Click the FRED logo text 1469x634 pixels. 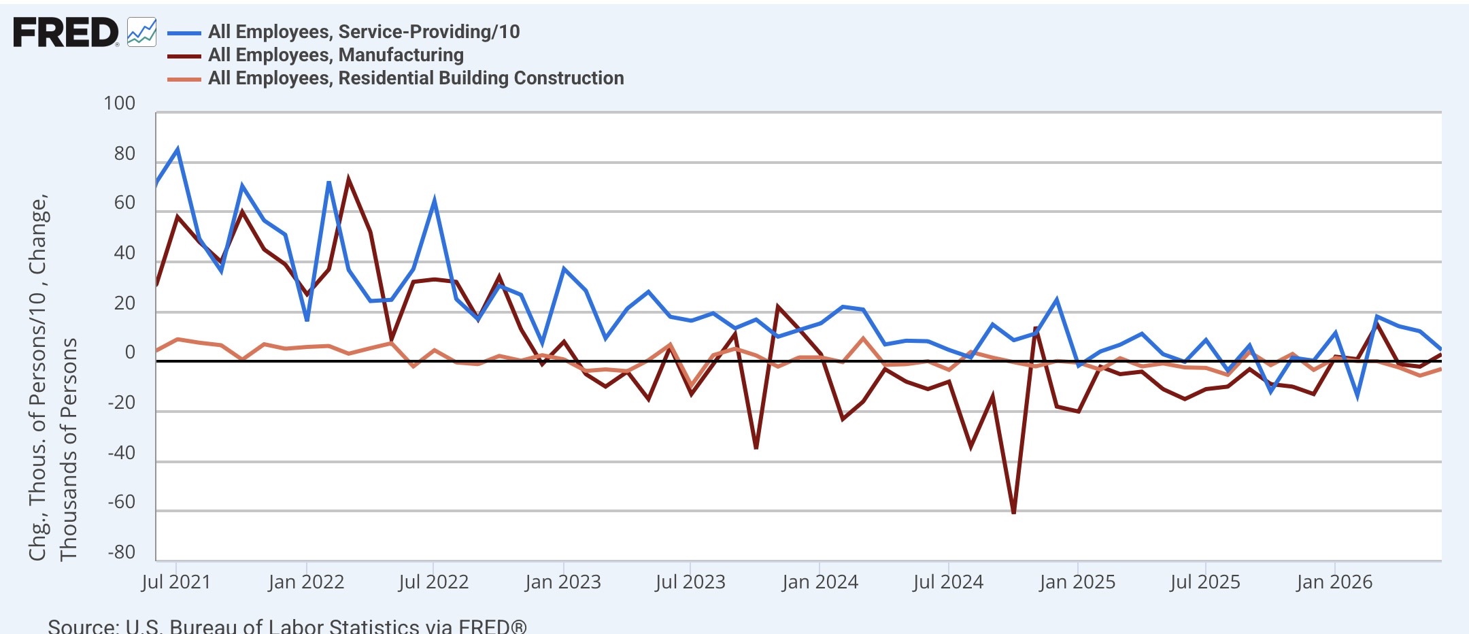pyautogui.click(x=65, y=33)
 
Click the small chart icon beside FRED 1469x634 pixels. pyautogui.click(x=141, y=32)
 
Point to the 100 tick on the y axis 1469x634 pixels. pyautogui.click(x=119, y=103)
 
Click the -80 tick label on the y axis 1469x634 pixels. pyautogui.click(x=122, y=552)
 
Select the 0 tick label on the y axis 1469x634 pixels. pyautogui.click(x=130, y=352)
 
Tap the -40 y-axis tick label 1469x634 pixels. pyautogui.click(x=122, y=452)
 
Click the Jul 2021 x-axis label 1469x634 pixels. pyautogui.click(x=176, y=582)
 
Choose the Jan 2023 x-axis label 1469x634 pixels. pyautogui.click(x=563, y=582)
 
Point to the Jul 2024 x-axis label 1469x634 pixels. pyautogui.click(x=948, y=582)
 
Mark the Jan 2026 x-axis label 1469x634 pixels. pyautogui.click(x=1334, y=582)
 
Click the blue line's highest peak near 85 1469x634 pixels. pyautogui.click(x=178, y=149)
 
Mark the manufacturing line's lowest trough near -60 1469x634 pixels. pyautogui.click(x=1013, y=512)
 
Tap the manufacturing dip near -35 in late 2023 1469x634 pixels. pyautogui.click(x=756, y=448)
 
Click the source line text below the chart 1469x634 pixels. pyautogui.click(x=287, y=626)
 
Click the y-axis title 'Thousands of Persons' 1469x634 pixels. pyautogui.click(x=68, y=449)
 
